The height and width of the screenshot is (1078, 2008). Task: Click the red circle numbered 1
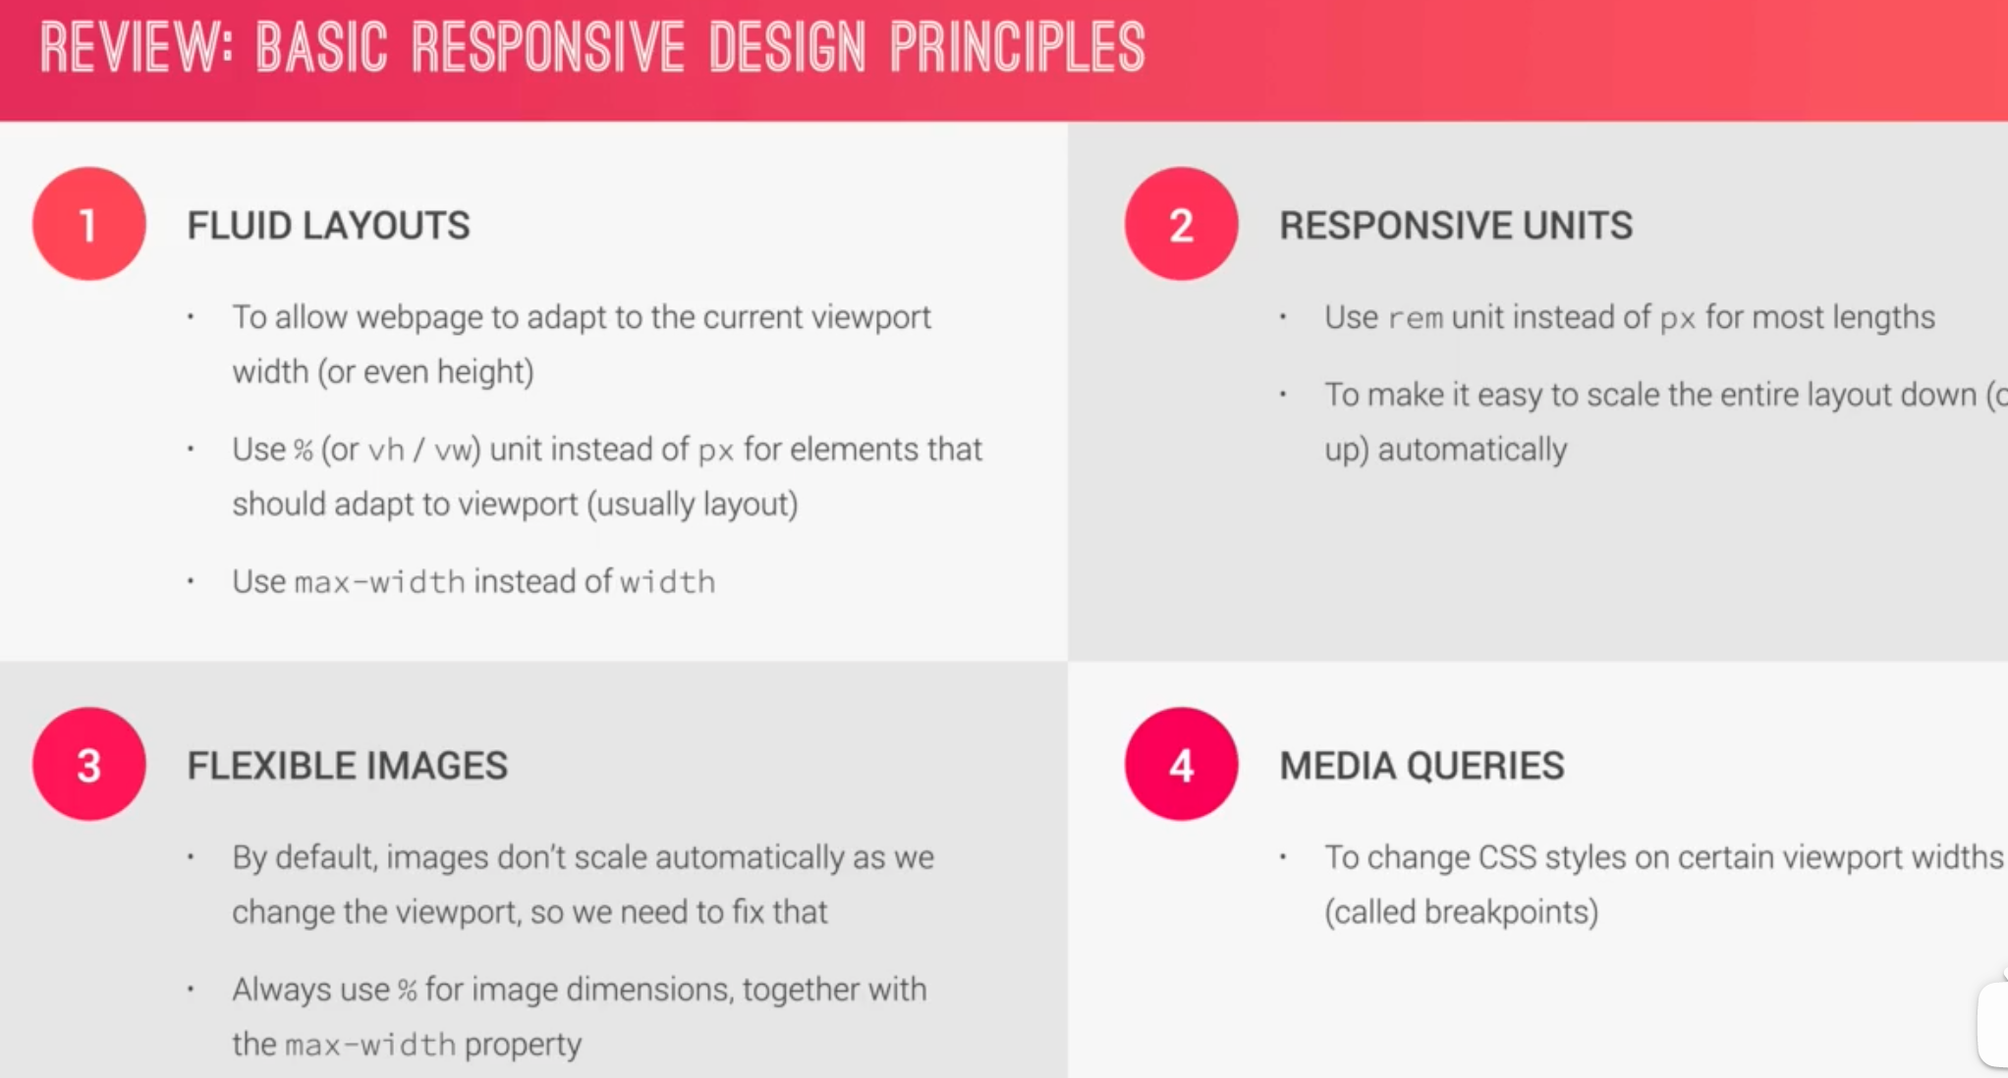tap(89, 224)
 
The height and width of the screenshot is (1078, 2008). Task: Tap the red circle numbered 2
tap(1182, 224)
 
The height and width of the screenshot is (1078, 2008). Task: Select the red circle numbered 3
tap(89, 764)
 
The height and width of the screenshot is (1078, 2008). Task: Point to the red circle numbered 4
tap(1182, 764)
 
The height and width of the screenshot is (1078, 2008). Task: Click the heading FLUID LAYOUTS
tap(329, 226)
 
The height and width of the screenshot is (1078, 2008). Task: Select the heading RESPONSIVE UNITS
tap(1456, 226)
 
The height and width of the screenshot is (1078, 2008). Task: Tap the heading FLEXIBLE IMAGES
tap(348, 766)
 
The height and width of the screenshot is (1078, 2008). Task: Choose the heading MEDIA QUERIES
tap(1422, 766)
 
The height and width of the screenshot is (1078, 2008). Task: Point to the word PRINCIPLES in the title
tap(1018, 47)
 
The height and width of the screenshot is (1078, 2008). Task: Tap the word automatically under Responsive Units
tap(1473, 450)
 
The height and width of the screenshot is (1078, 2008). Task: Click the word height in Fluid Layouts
tap(480, 372)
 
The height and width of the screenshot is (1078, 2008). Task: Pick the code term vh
tap(386, 450)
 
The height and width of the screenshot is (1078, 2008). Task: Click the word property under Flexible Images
tap(523, 1045)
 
